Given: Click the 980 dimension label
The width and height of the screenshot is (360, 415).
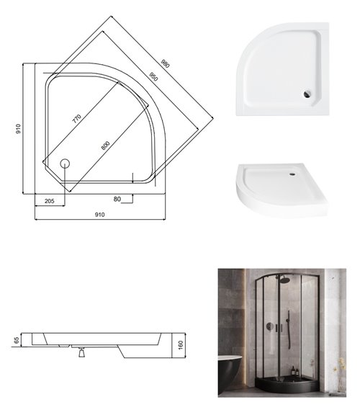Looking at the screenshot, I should [x=166, y=64].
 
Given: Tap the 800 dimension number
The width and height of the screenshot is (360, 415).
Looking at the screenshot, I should [x=106, y=144].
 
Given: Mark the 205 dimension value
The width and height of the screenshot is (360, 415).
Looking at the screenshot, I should [x=49, y=200].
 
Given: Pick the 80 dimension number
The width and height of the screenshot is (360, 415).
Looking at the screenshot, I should [x=116, y=199].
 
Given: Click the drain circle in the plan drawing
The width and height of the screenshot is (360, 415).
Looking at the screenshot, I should [x=65, y=162].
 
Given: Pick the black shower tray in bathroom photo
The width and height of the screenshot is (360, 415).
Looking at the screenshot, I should [x=288, y=385].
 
